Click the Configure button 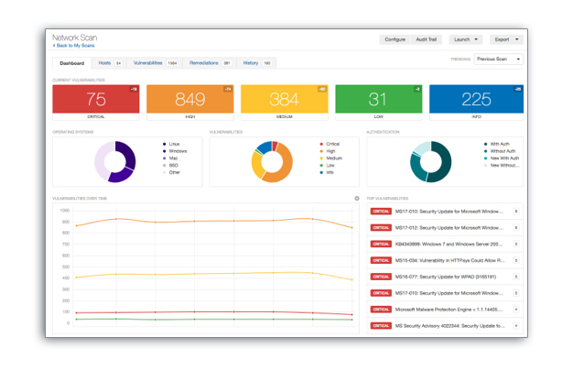pos(395,39)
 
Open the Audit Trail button pos(426,39)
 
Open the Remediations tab pos(210,63)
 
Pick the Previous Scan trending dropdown pos(499,60)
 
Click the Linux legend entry pos(172,144)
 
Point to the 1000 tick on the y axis pos(65,210)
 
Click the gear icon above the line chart pos(357,198)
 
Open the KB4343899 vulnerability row pos(445,243)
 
